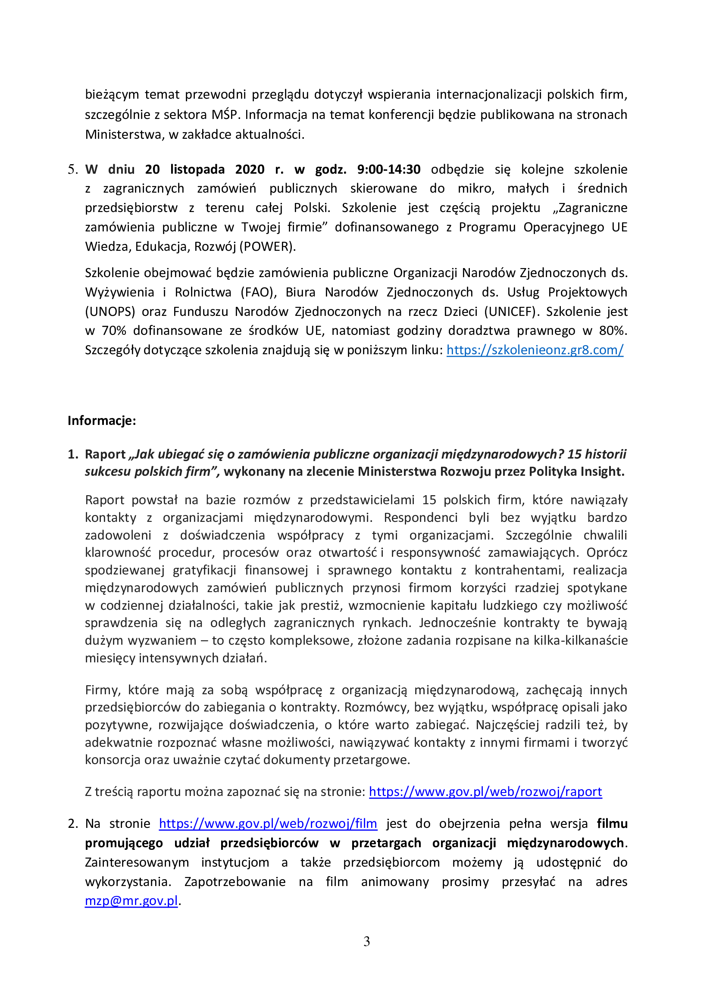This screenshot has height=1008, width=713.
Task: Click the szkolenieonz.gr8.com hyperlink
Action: tap(535, 350)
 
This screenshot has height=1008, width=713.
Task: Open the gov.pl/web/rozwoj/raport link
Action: tap(485, 791)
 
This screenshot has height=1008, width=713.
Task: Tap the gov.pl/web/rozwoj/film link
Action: tap(268, 823)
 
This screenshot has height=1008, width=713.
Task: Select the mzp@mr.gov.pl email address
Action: tap(131, 900)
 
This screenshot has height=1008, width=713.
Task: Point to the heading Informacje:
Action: tap(102, 421)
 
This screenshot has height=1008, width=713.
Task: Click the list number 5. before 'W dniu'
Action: tap(72, 169)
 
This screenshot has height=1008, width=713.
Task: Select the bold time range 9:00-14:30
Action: tap(388, 169)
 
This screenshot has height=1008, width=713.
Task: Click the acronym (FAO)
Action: tap(258, 292)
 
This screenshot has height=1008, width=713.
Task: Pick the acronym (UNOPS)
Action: tap(110, 311)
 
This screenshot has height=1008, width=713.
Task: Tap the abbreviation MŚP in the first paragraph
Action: tap(225, 115)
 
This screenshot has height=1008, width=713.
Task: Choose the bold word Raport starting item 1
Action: tap(105, 454)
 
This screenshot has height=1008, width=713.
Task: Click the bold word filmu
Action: tap(612, 823)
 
